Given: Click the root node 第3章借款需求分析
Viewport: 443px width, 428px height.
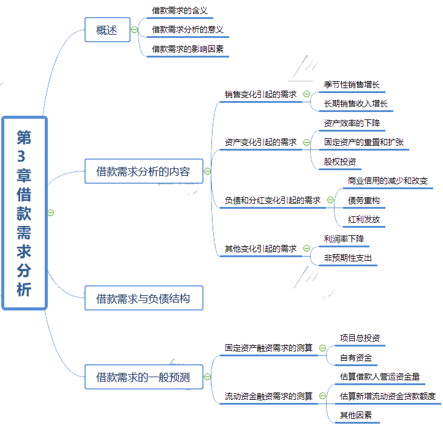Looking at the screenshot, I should pos(24,213).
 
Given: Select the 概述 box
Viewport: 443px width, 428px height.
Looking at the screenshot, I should pos(107,30).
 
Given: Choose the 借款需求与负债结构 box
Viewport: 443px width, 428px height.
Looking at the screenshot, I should pos(143,299).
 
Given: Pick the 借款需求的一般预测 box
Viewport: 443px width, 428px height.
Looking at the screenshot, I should pos(143,377).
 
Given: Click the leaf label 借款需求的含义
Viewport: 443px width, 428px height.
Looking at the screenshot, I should pos(180,10).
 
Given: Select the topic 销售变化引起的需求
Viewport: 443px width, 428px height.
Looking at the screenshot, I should pos(260,94).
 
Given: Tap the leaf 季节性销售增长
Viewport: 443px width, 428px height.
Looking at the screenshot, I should pos(355,84).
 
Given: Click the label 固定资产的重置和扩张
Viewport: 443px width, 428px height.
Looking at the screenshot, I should pos(364,143).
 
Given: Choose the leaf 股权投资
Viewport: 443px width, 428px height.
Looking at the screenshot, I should pos(340,162).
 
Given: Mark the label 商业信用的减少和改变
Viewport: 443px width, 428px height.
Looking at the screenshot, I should pos(388,181).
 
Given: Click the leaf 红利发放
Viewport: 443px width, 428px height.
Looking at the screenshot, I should pos(364,219).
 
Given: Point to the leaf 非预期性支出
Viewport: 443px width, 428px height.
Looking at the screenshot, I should pos(348,258).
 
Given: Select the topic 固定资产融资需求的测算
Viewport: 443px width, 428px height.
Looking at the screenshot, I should pos(268,348).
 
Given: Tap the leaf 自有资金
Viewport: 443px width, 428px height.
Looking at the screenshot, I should pos(356,358).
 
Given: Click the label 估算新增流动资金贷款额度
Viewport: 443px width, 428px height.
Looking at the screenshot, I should pos(387,396).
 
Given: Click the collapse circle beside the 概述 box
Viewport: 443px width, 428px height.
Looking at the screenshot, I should pos(135,30).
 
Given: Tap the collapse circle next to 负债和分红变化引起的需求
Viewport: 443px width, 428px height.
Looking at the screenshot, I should pos(330,200).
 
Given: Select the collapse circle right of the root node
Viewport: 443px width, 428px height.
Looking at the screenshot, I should pos(51,212).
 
